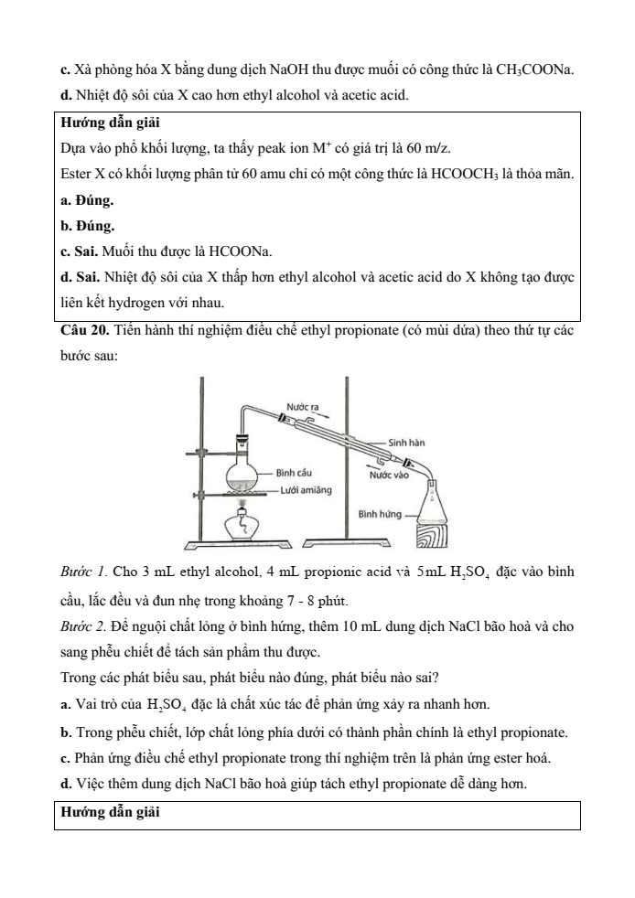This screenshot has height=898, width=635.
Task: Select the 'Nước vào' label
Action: point(388,475)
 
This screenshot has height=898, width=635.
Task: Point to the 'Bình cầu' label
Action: point(294,473)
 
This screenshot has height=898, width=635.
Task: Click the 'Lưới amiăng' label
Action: point(301,490)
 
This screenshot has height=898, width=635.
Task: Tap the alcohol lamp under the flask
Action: point(242,526)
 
